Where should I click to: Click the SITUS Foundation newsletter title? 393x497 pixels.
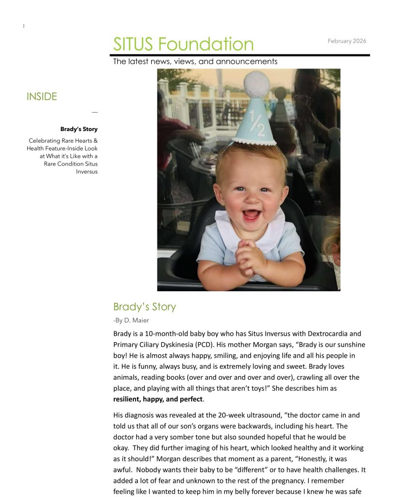tap(183, 44)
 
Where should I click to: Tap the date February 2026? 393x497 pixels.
tap(346, 41)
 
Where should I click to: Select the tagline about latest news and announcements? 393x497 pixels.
tap(195, 62)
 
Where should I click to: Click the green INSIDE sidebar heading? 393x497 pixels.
tap(42, 97)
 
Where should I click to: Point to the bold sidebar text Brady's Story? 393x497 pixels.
tap(79, 129)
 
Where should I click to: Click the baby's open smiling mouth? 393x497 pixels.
tap(251, 214)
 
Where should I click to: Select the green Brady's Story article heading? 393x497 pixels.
tap(144, 307)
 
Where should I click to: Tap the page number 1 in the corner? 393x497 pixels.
tap(23, 26)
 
